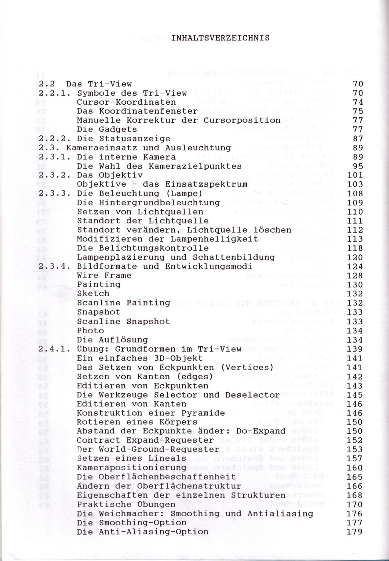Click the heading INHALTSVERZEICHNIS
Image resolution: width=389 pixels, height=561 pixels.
pos(220,38)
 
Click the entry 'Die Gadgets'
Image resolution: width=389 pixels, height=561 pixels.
pos(107,129)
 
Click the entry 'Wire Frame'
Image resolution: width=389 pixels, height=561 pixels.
pos(104,275)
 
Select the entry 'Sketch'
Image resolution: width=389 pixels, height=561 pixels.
pos(93,293)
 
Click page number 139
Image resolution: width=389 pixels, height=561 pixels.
pos(355,349)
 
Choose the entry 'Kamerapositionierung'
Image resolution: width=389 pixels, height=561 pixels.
pos(131,468)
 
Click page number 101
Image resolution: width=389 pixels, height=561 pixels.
pos(355,175)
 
